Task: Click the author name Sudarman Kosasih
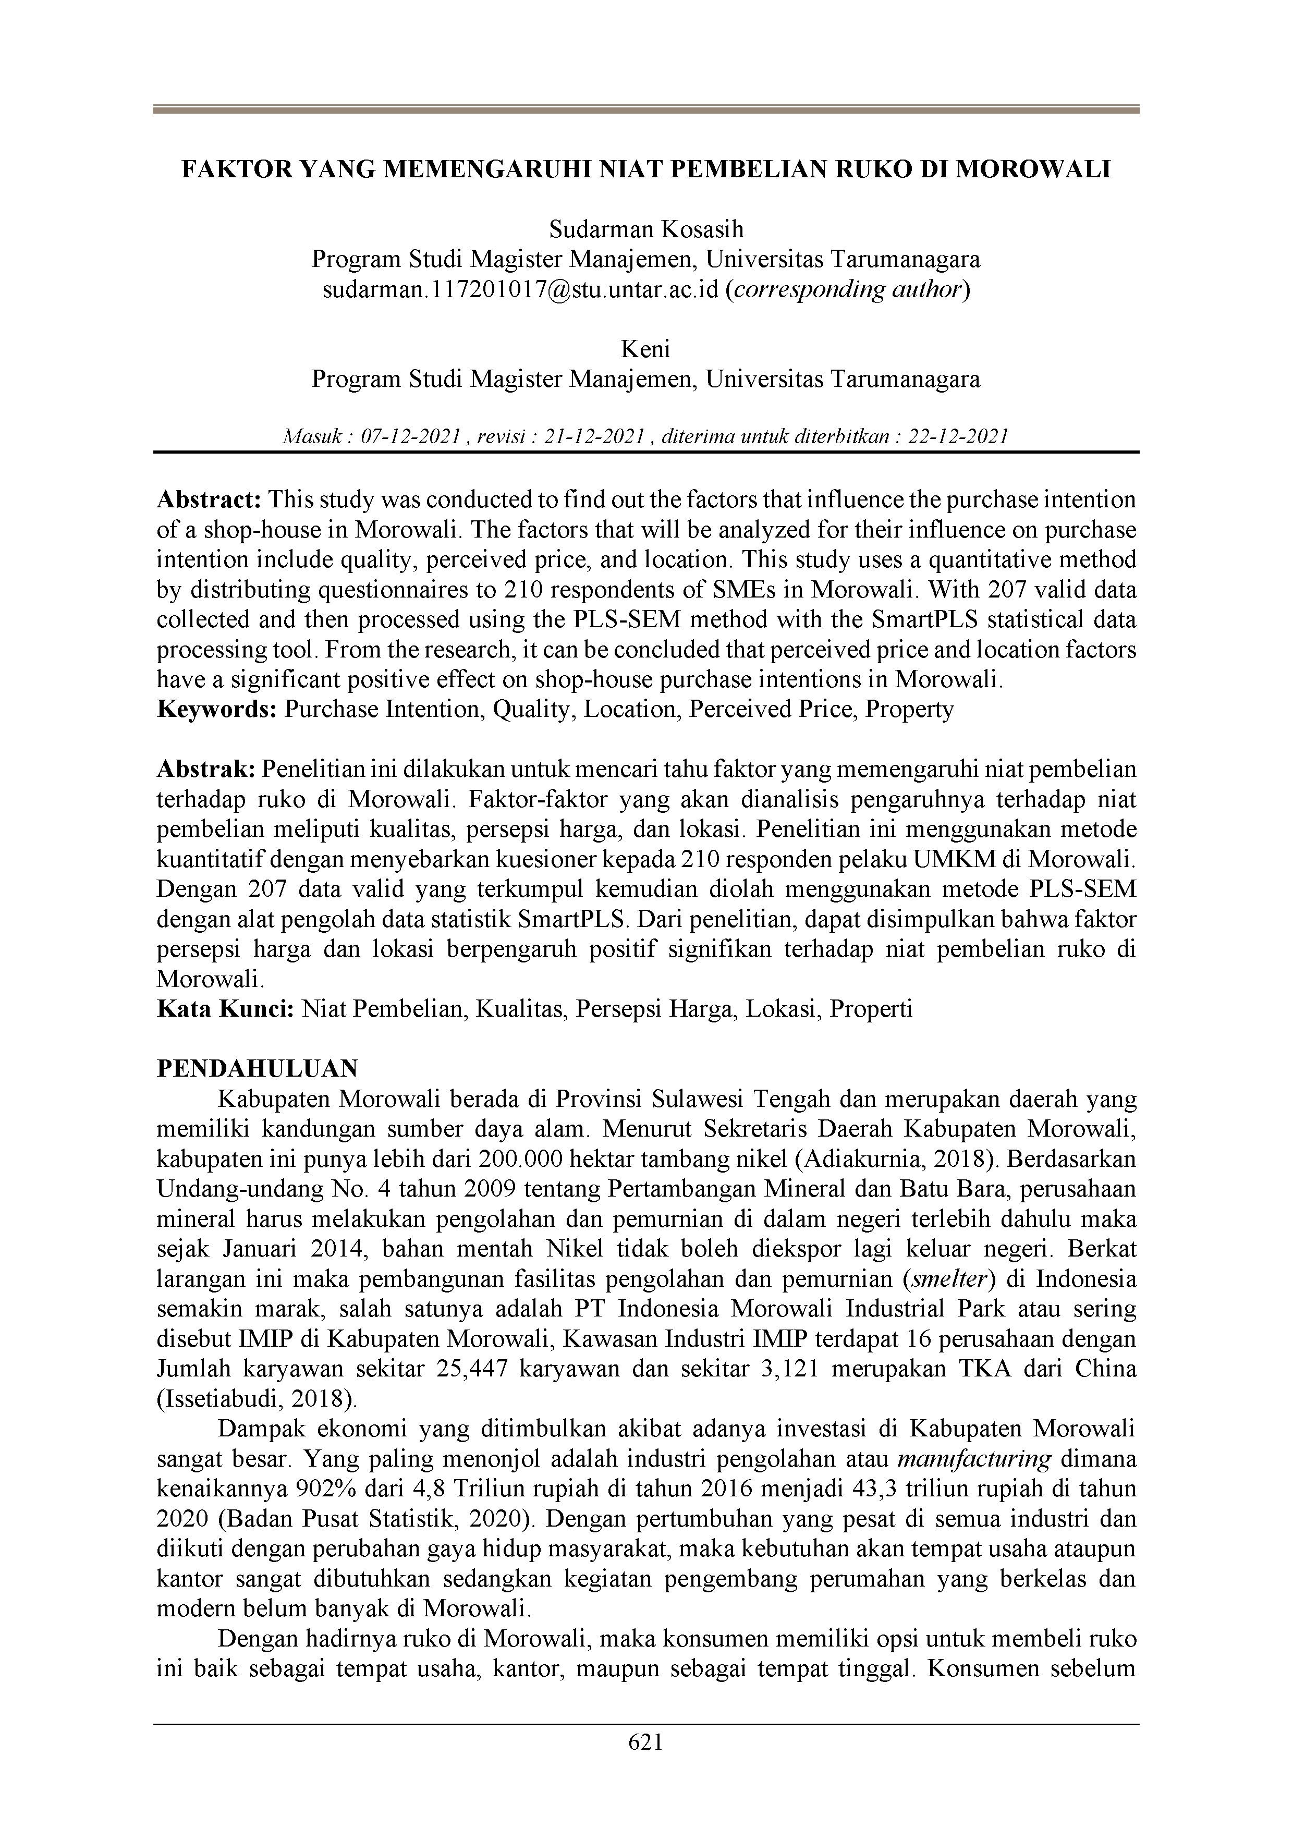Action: [646, 230]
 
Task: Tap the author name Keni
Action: [646, 349]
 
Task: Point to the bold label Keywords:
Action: [216, 709]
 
